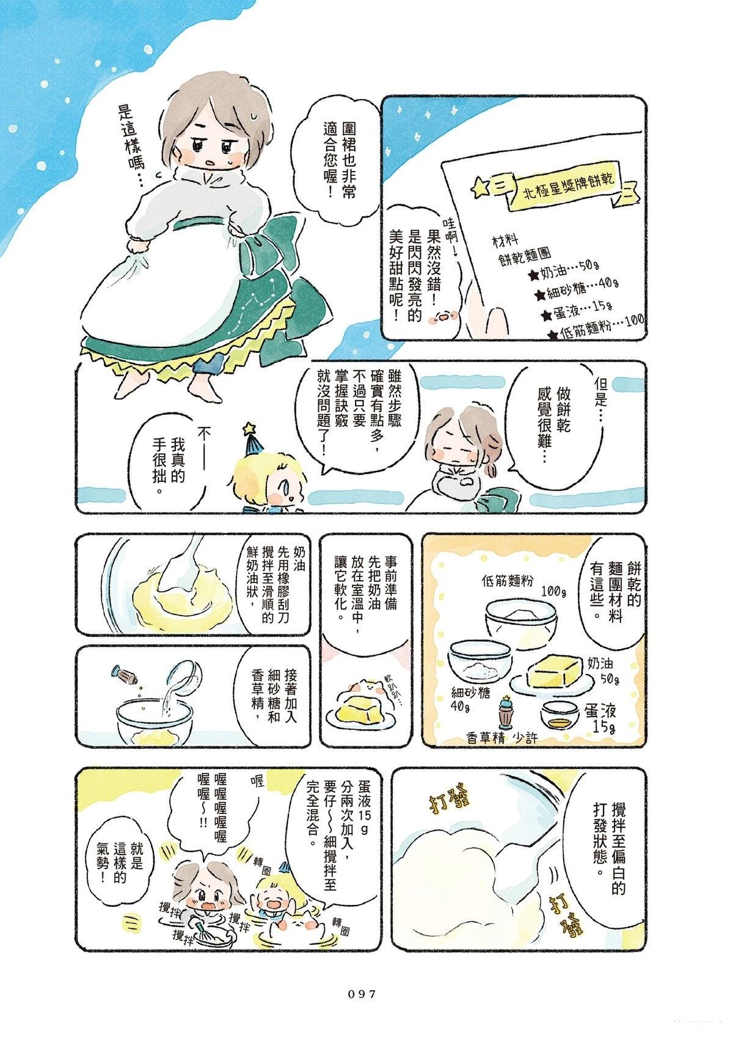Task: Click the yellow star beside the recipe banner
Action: [x=479, y=187]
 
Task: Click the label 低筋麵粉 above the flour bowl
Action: [x=507, y=580]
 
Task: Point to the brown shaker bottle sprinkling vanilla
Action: [x=123, y=675]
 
